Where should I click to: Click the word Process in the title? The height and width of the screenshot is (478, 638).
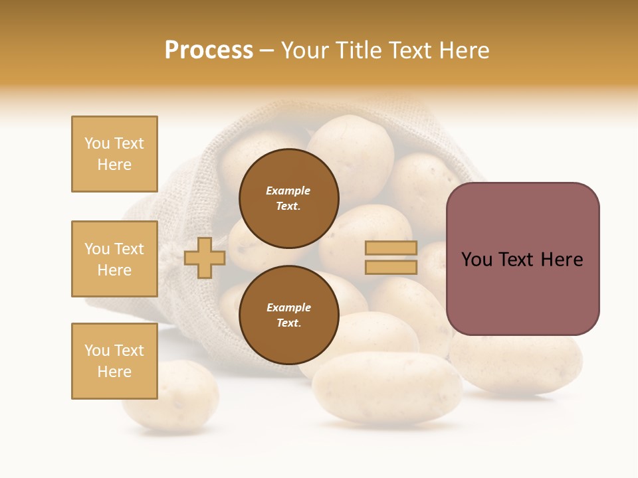(209, 50)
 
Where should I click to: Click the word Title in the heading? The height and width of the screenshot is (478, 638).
(358, 50)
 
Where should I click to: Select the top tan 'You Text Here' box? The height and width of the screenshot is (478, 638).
(114, 154)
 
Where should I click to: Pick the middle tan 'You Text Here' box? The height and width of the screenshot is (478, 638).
(114, 259)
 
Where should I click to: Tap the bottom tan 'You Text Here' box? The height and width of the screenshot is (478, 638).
(114, 361)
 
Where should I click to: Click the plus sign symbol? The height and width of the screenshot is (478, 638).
(205, 258)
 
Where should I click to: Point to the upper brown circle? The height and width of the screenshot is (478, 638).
(288, 199)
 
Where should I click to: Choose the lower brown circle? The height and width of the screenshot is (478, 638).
(288, 315)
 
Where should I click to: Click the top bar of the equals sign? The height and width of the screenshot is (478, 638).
(391, 248)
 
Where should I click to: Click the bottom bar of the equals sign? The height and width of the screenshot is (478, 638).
(391, 267)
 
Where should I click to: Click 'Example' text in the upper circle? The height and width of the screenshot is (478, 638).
(288, 191)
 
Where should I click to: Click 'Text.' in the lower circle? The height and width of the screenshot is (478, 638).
(288, 323)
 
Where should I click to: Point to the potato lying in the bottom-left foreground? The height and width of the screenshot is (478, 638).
(166, 398)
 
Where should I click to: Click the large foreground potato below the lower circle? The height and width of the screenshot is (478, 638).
(387, 388)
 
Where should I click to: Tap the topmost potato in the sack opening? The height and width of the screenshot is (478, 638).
(351, 149)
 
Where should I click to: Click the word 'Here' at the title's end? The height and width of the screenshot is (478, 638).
(465, 50)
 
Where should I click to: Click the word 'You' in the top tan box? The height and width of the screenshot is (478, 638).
(96, 143)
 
